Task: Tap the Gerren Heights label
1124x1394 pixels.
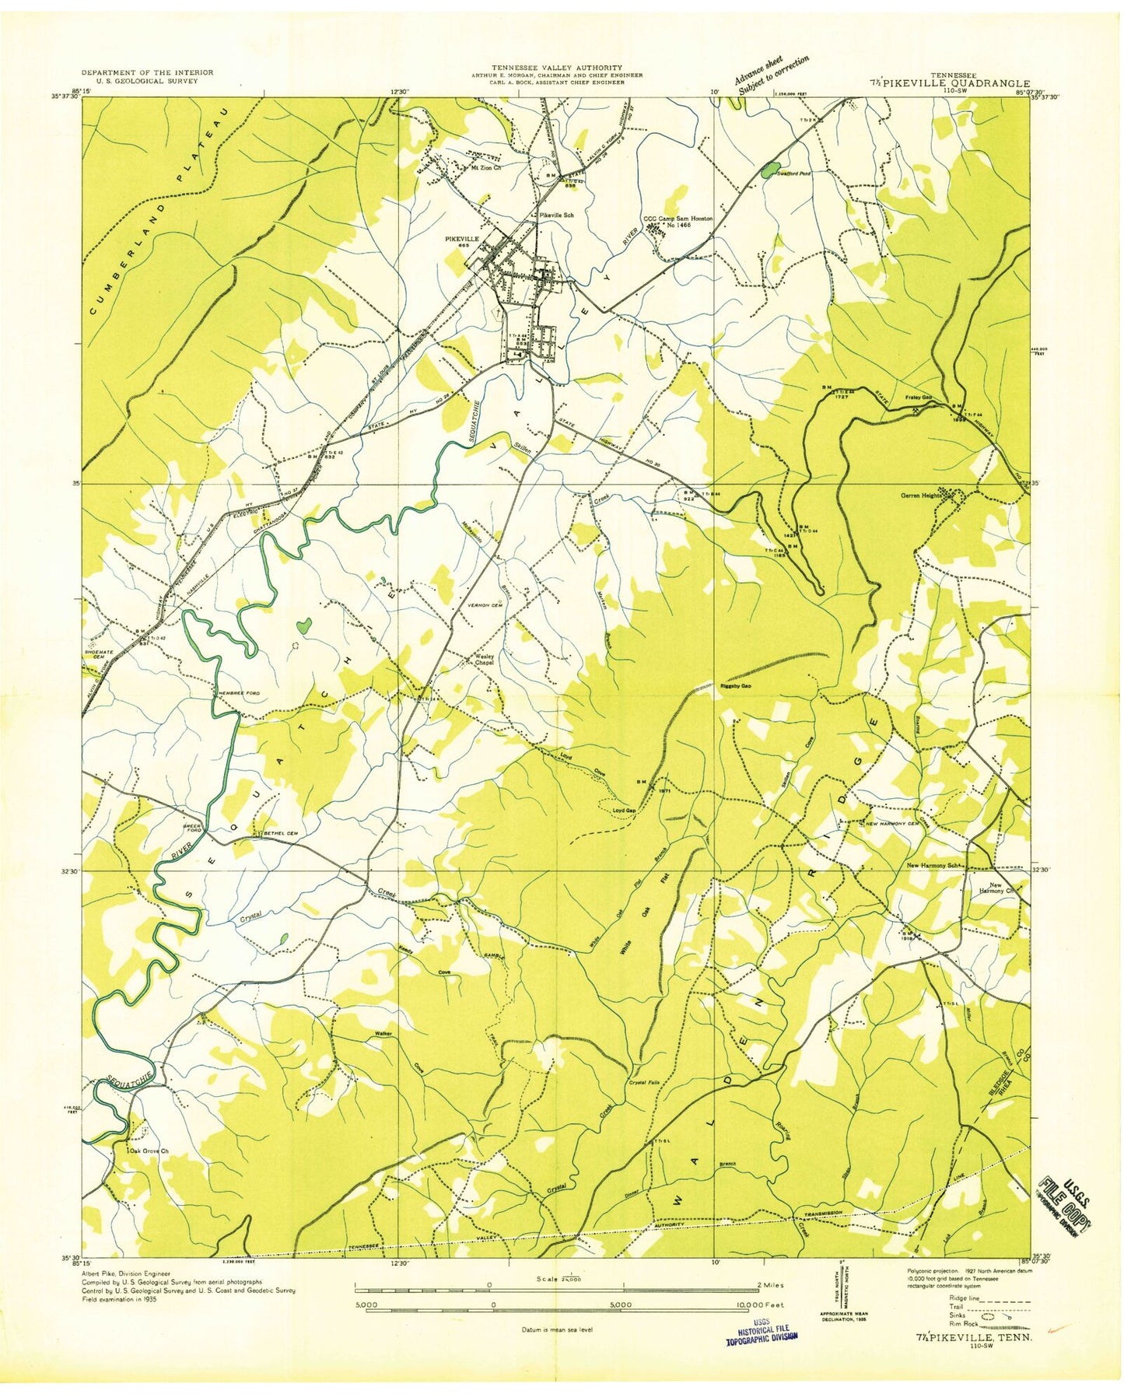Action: [x=921, y=495]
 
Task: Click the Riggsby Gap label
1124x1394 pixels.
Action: [x=735, y=686]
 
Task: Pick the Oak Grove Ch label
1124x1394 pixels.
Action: [x=149, y=1151]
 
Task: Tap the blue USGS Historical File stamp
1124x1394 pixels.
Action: [x=762, y=1335]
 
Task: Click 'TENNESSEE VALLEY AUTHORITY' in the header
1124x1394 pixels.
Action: [x=556, y=68]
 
